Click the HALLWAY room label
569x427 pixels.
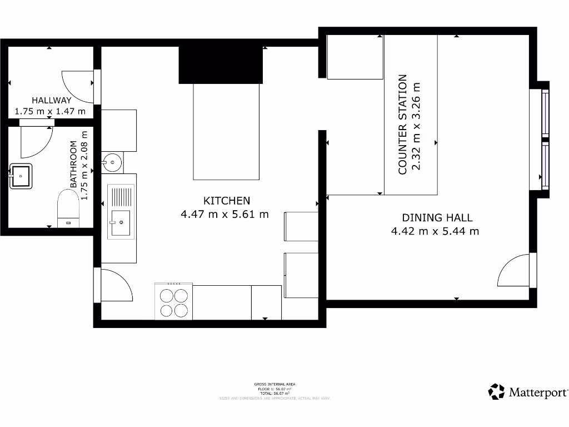pos(51,101)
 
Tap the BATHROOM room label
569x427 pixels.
pos(73,164)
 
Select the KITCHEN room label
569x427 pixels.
pos(227,201)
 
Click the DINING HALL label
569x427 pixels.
pos(437,218)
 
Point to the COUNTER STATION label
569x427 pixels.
pos(403,125)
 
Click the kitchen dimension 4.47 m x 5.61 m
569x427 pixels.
pos(225,213)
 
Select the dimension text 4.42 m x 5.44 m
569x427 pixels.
pos(435,231)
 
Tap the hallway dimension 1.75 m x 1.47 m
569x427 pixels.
pos(51,111)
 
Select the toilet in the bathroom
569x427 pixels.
pos(69,208)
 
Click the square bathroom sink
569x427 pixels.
pos(21,176)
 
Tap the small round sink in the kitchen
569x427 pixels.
pos(112,162)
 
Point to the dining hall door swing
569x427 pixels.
pos(513,271)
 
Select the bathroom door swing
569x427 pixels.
pos(36,141)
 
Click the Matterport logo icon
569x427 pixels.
pos(496,391)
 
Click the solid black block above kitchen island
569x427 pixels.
pos(221,65)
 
